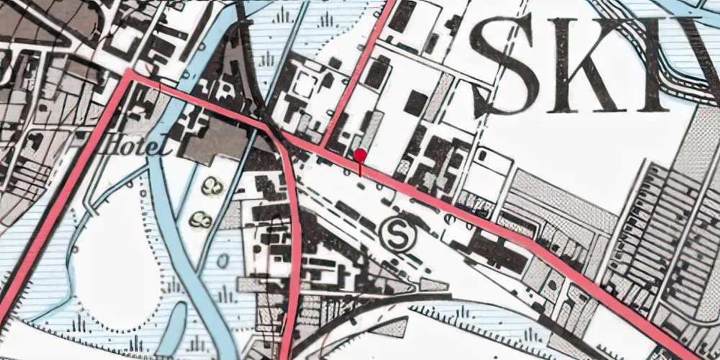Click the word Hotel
coord(136,146)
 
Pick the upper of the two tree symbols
coord(212,186)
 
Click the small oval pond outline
coord(223,260)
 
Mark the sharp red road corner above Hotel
coord(130,73)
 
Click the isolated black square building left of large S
coord(415,104)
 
